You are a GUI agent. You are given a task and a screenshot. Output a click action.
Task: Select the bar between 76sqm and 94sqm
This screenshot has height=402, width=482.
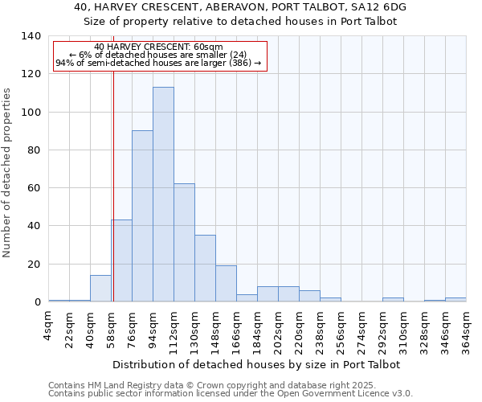[x=142, y=216]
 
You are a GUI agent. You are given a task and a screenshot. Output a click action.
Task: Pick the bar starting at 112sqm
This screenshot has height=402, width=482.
[x=184, y=243]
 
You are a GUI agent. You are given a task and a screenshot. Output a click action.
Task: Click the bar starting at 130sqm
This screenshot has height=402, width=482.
[x=205, y=269]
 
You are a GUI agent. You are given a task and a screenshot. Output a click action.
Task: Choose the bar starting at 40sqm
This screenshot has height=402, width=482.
[x=100, y=289]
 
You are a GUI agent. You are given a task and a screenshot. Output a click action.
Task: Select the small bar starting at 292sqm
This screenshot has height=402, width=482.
[x=393, y=300]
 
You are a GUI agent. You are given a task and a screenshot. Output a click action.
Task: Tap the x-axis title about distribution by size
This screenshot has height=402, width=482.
[x=257, y=364]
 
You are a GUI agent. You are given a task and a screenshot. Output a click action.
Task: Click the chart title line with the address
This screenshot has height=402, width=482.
[x=240, y=7]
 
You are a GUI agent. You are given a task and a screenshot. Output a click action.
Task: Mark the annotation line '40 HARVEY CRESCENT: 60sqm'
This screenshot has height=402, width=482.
[x=158, y=47]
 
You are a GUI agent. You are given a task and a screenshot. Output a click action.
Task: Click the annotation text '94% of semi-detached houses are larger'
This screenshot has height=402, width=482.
[x=158, y=64]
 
